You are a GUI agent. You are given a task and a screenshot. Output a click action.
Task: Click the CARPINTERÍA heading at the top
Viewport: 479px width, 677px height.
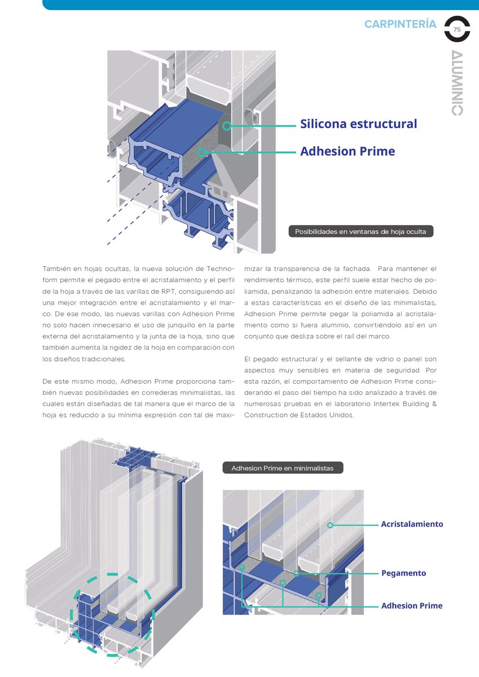pyautogui.click(x=400, y=24)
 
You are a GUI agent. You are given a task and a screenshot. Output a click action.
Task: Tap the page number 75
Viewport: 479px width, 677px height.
pyautogui.click(x=457, y=29)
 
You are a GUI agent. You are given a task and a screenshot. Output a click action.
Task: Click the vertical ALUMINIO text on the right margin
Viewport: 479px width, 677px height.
pyautogui.click(x=458, y=83)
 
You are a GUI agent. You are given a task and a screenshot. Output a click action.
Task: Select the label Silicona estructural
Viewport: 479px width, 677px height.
pyautogui.click(x=358, y=124)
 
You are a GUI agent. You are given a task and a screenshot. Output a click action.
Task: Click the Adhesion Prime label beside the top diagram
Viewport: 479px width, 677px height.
pyautogui.click(x=347, y=151)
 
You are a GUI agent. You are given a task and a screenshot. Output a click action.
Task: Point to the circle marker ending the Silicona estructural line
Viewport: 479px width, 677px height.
pyautogui.click(x=227, y=126)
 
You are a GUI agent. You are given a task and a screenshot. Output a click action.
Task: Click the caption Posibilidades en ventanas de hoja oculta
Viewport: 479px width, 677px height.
pyautogui.click(x=361, y=231)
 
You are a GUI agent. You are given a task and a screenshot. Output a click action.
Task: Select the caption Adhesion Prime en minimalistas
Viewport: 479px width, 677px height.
pyautogui.click(x=282, y=468)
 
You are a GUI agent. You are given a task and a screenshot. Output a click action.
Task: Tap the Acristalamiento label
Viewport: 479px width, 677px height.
pyautogui.click(x=412, y=524)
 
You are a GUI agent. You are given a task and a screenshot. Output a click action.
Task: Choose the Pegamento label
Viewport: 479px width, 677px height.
pyautogui.click(x=403, y=573)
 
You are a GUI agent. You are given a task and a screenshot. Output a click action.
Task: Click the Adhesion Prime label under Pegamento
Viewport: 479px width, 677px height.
pyautogui.click(x=412, y=606)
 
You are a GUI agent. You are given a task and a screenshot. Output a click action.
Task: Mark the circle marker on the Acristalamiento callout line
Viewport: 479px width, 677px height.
pyautogui.click(x=330, y=525)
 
